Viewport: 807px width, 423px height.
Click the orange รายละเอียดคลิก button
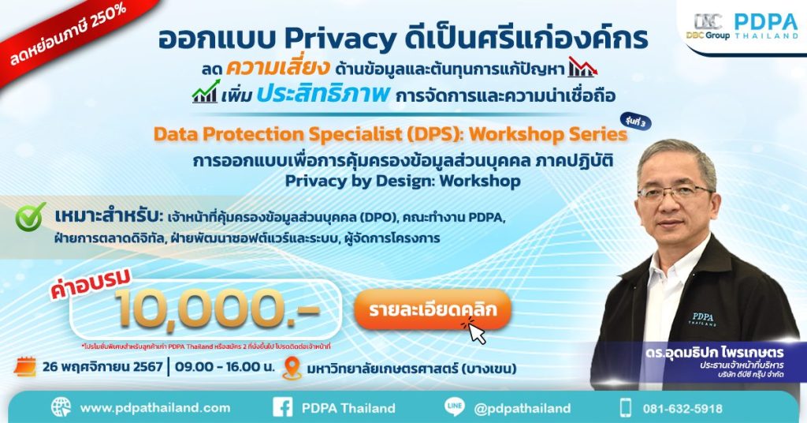(x=432, y=309)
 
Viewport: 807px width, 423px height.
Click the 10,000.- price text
(x=217, y=305)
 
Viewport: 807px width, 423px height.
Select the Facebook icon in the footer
(x=283, y=408)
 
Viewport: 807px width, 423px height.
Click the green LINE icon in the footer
(x=455, y=408)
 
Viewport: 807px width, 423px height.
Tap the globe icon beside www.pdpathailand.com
(x=61, y=408)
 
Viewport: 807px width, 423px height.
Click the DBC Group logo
(x=708, y=26)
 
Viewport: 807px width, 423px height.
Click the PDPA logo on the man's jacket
(x=703, y=318)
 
